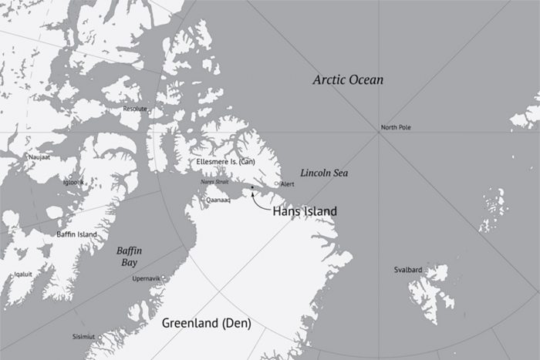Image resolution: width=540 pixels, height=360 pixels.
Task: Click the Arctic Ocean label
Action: tap(347, 80)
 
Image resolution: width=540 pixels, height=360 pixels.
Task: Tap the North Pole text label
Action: tap(396, 127)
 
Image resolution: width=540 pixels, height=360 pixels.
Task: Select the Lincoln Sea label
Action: tap(324, 173)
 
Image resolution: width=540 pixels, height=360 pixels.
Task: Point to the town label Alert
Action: tap(287, 185)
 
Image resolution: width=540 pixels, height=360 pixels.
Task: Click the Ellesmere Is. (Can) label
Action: tap(226, 162)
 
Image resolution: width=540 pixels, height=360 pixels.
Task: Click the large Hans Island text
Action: tap(305, 210)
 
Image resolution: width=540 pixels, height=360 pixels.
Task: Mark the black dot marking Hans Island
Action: tap(251, 187)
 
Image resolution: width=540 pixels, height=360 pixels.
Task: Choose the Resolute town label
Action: tap(134, 109)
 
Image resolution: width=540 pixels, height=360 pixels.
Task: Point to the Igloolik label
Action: tap(73, 182)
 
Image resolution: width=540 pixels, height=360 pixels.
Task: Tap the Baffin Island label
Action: tap(76, 234)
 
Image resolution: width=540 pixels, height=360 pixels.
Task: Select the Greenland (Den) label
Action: tap(206, 324)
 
